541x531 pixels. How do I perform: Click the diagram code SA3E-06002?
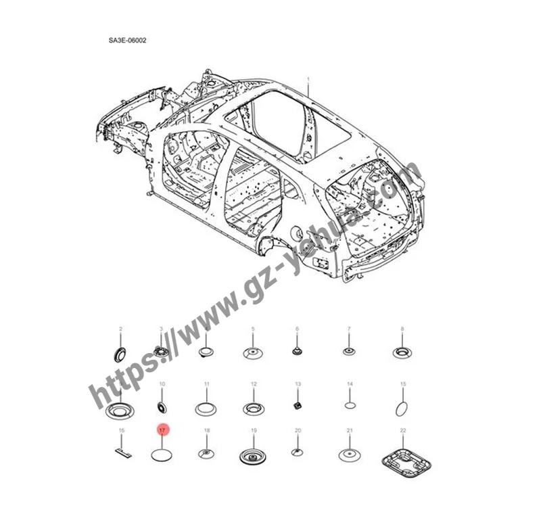click(128, 41)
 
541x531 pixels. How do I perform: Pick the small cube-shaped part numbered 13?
click(297, 406)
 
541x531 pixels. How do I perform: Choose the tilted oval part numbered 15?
click(402, 408)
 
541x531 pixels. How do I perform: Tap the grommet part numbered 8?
click(402, 352)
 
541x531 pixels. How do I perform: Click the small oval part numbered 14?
click(350, 406)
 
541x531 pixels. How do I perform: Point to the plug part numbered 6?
click(297, 352)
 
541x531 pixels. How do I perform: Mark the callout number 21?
click(350, 430)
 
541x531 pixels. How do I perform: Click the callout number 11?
click(207, 384)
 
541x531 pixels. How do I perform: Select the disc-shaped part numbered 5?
click(253, 352)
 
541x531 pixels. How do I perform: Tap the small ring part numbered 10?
click(162, 406)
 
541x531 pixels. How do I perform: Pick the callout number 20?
click(298, 430)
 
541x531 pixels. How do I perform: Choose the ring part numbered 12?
click(253, 408)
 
